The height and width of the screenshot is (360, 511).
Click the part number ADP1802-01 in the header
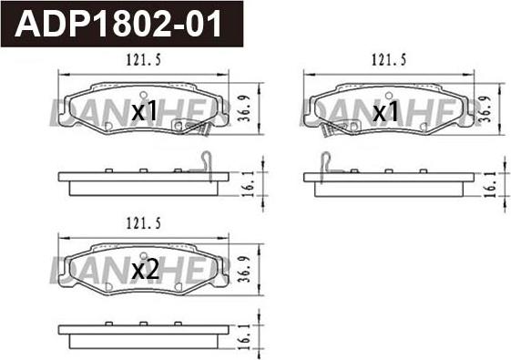118,24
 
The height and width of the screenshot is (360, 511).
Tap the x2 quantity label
145,271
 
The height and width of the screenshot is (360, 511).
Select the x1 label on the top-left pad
144,110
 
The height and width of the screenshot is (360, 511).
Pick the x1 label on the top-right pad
385,111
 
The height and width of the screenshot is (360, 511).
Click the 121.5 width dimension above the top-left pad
143,60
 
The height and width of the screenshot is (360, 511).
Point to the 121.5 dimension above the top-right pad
389,60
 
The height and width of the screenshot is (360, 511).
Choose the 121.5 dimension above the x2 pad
143,223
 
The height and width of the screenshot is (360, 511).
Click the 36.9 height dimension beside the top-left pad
244,108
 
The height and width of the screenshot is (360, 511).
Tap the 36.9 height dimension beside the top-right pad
485,109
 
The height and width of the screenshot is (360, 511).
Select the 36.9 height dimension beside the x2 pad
244,270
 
